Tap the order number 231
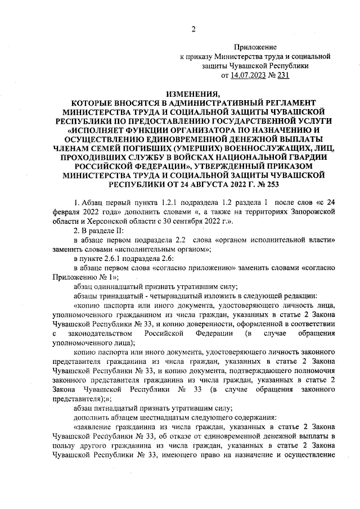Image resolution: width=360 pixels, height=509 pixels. [282, 75]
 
